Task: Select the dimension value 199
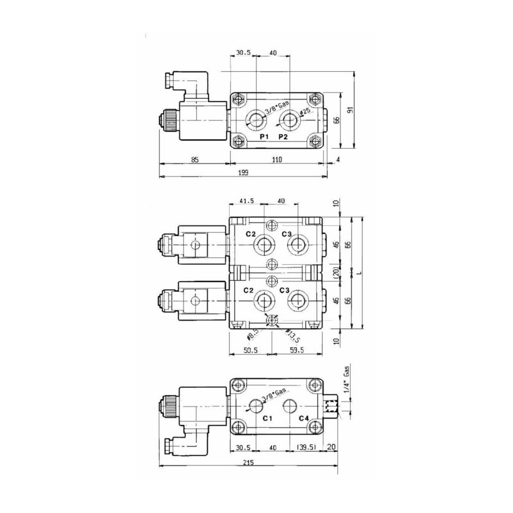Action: [x=242, y=172]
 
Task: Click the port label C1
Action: [x=267, y=418]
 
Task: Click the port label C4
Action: [x=305, y=418]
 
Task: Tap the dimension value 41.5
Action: [x=246, y=201]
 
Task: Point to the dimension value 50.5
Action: [x=250, y=350]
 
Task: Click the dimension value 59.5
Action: [x=296, y=350]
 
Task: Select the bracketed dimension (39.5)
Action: [x=305, y=448]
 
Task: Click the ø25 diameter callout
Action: [x=305, y=113]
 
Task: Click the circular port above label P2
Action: [x=290, y=119]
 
